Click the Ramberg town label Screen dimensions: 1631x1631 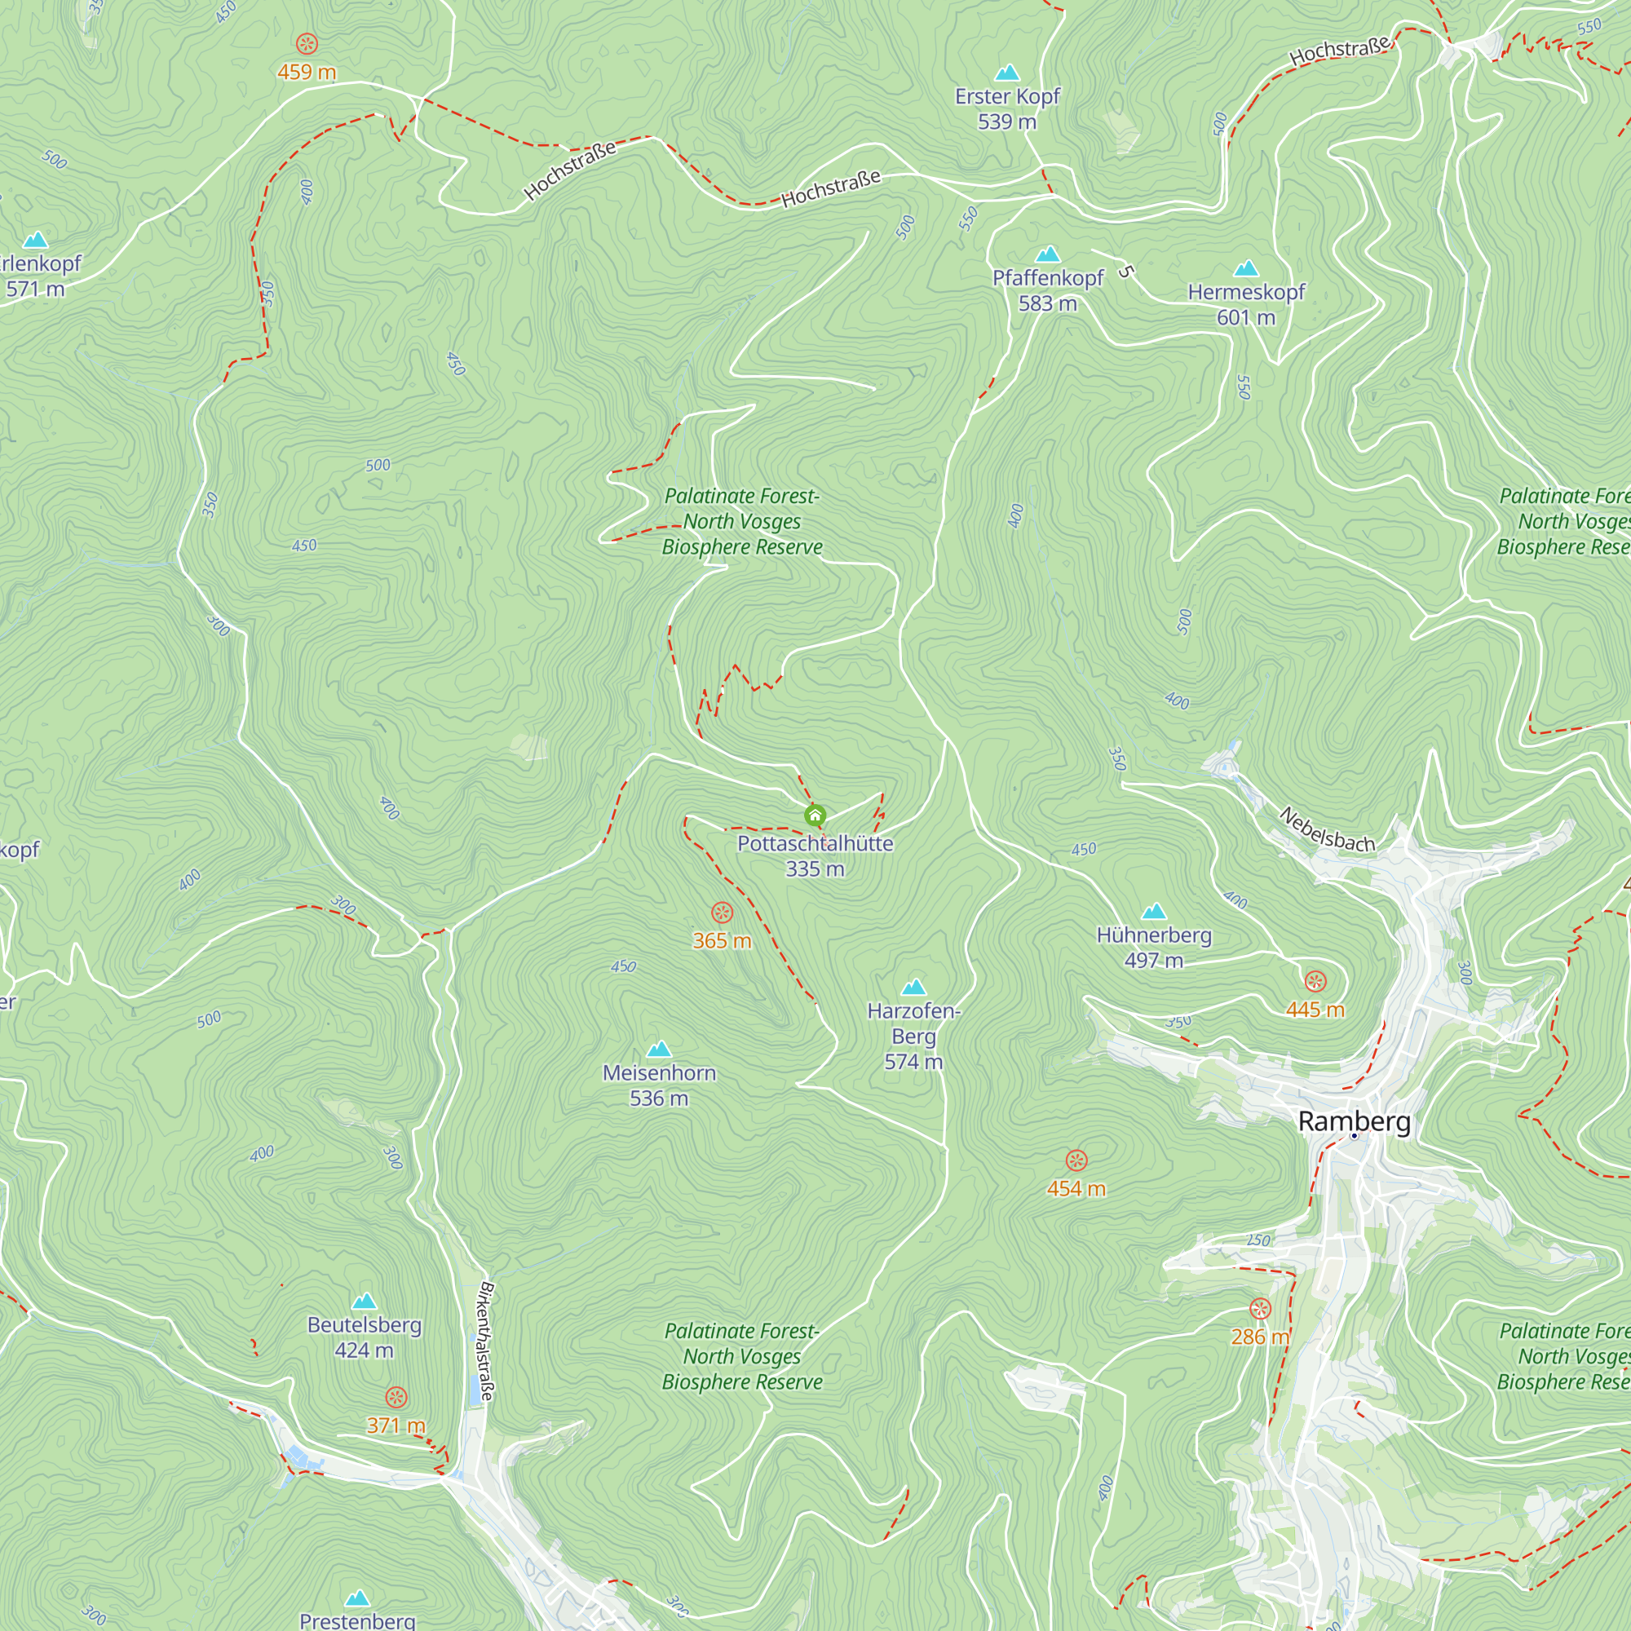click(x=1354, y=1121)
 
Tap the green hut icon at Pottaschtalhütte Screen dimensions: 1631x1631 click(x=815, y=815)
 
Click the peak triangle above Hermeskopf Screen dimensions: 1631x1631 click(x=1246, y=269)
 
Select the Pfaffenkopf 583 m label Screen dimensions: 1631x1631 click(x=1048, y=290)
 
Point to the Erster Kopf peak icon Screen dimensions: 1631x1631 click(x=1007, y=73)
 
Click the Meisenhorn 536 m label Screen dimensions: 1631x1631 click(x=659, y=1085)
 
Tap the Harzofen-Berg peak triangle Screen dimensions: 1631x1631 click(x=913, y=987)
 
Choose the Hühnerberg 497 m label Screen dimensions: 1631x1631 click(x=1154, y=947)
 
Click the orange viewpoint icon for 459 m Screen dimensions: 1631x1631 click(x=307, y=43)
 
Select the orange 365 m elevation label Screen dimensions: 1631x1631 click(x=722, y=940)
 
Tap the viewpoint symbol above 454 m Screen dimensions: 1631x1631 click(x=1076, y=1160)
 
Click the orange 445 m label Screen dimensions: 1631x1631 click(x=1315, y=1009)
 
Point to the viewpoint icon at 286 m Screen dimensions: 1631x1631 click(x=1260, y=1310)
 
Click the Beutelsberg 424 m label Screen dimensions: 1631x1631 click(x=364, y=1337)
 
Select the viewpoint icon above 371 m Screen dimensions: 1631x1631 click(x=396, y=1397)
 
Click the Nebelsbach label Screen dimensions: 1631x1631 click(x=1326, y=829)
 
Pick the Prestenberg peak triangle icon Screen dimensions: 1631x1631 click(x=358, y=1598)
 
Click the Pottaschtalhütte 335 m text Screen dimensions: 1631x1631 click(x=815, y=855)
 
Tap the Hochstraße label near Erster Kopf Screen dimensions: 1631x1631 click(x=831, y=188)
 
